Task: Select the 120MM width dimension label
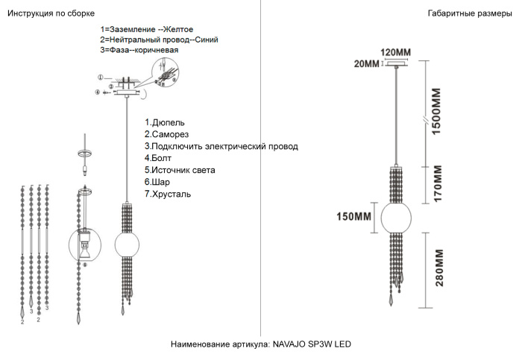pos(395,52)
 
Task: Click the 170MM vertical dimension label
pos(438,183)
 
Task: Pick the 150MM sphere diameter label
pos(353,217)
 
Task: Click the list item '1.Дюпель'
pos(165,122)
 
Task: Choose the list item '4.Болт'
pos(159,158)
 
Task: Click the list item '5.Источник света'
pos(180,170)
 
